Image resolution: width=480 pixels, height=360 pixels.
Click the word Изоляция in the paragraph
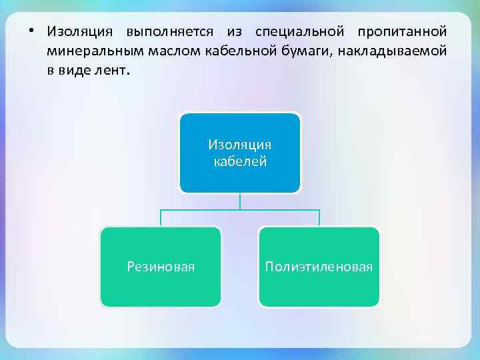pyautogui.click(x=77, y=32)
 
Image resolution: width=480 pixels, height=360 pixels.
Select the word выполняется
pyautogui.click(x=165, y=32)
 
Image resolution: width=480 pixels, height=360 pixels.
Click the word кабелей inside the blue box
pyautogui.click(x=240, y=161)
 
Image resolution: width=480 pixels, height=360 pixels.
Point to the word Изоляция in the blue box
pyautogui.click(x=240, y=145)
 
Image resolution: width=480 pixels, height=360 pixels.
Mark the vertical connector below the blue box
pyautogui.click(x=240, y=201)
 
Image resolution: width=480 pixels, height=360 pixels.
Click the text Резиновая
pyautogui.click(x=161, y=267)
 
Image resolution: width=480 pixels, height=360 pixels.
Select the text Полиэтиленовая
pyautogui.click(x=319, y=267)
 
